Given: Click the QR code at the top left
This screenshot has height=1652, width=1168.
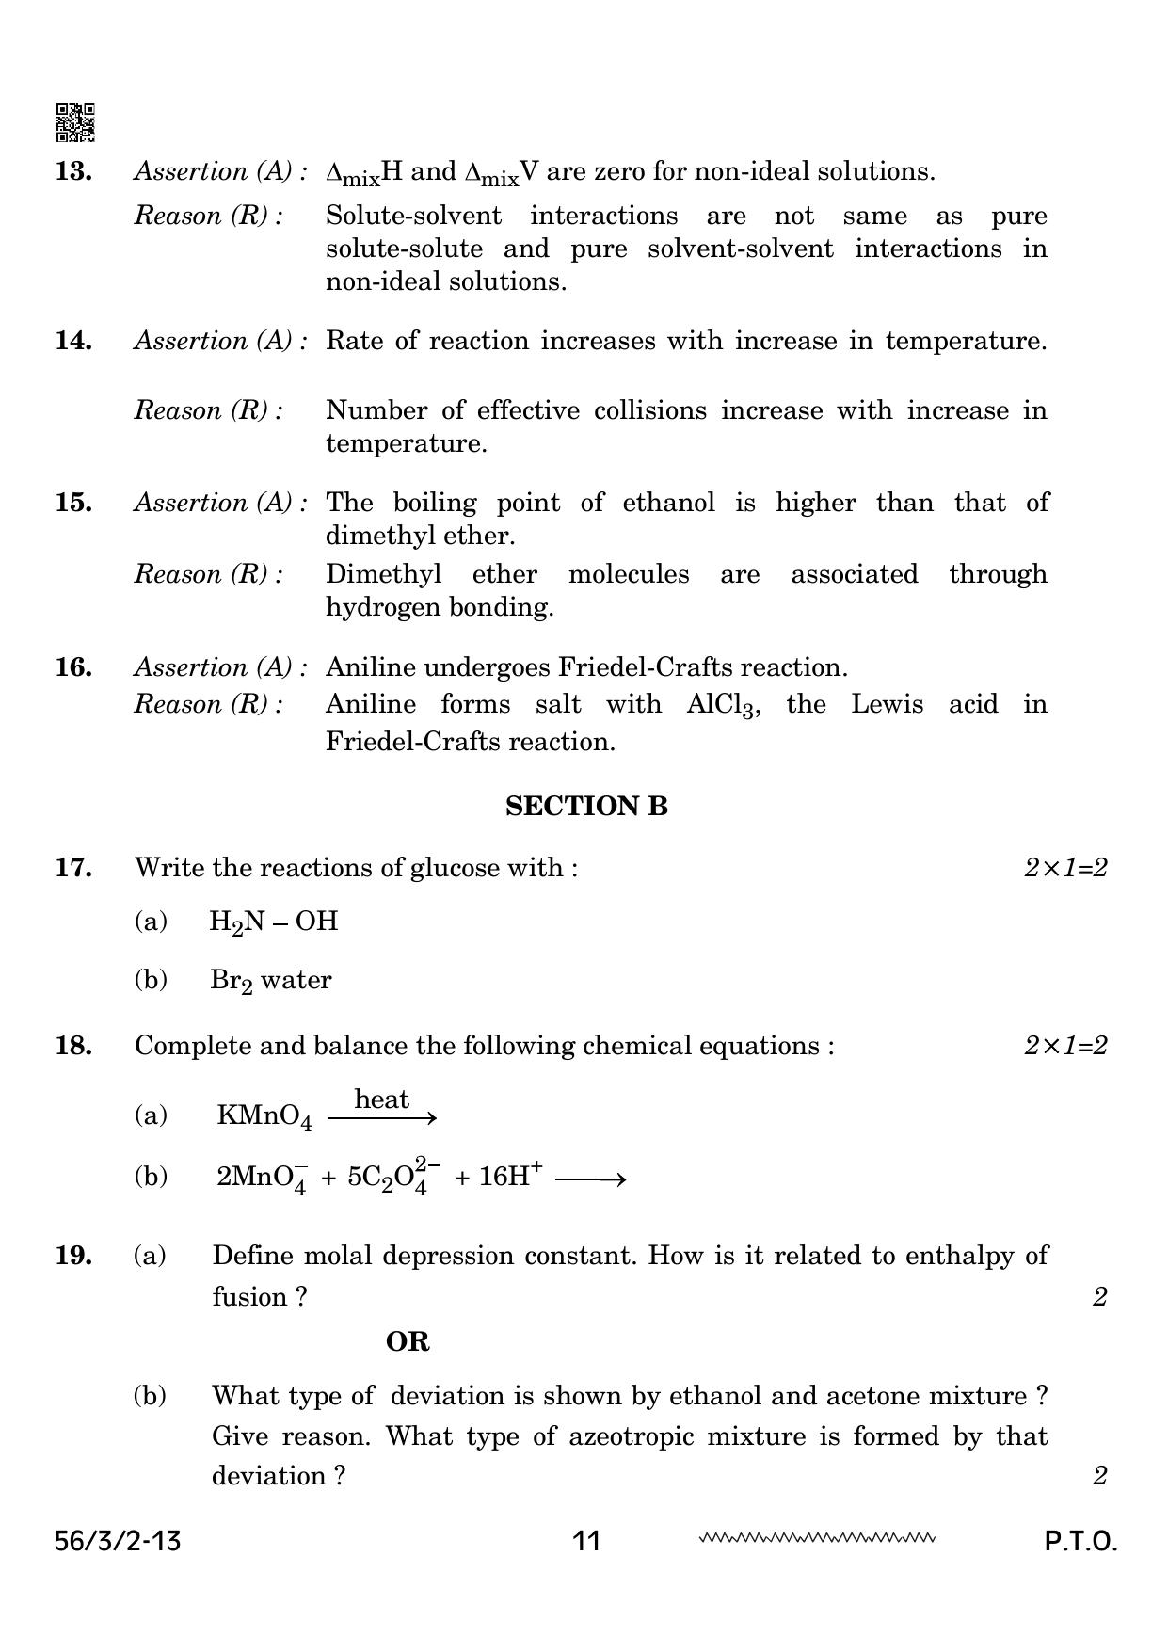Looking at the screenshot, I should [75, 122].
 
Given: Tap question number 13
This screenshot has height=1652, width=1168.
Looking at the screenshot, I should [73, 171].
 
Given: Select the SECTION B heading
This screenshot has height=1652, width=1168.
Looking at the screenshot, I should [586, 806].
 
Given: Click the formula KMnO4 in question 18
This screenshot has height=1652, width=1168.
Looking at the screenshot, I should [264, 1116].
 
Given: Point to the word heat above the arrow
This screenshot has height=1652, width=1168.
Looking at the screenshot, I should [381, 1099].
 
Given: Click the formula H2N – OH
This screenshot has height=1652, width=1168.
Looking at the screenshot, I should [273, 922].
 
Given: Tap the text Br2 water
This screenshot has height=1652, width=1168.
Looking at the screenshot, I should [270, 981].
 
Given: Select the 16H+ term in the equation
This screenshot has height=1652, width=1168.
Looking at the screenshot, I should [510, 1177].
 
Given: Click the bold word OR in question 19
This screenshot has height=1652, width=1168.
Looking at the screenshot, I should [408, 1341].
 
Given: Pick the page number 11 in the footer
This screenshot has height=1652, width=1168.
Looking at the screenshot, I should [585, 1541].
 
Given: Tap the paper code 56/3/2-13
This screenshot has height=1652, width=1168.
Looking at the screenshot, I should [118, 1541].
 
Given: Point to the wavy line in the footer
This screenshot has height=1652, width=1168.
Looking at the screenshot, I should [816, 1539].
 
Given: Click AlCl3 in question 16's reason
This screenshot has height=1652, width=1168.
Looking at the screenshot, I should [721, 706].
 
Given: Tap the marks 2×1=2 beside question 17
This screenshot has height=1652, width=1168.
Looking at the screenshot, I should [1065, 867].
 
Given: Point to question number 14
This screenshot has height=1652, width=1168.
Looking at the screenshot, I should [73, 341].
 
